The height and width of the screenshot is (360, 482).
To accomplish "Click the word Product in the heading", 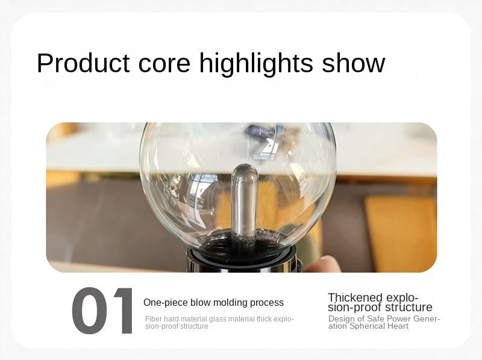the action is pos(83,63).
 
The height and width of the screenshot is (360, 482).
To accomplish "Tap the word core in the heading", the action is pos(164,63).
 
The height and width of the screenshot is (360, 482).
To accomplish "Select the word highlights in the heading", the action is pos(256,64).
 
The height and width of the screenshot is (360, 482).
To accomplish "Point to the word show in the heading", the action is pos(353,63).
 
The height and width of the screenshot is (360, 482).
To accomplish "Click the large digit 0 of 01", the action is pos(89,310).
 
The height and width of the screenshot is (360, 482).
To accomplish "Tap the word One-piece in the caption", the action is pos(165,303).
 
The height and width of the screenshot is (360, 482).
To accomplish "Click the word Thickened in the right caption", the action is pos(355,297).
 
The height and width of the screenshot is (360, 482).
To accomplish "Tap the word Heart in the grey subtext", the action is pos(399,326).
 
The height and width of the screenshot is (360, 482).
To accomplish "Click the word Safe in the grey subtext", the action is pos(375,318).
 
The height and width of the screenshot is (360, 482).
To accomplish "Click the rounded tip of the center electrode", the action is pos(244,170).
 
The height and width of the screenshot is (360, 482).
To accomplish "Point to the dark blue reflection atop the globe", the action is pos(261,131).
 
